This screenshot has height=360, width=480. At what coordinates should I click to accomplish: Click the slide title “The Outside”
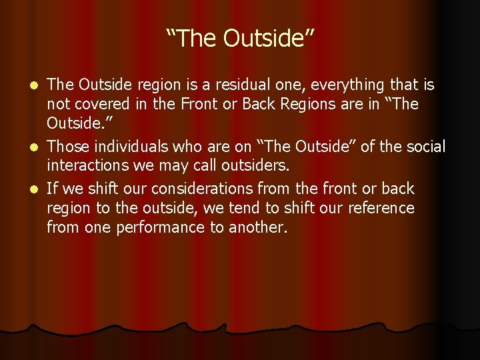pyautogui.click(x=240, y=39)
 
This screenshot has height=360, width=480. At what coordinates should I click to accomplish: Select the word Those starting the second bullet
pyautogui.click(x=67, y=145)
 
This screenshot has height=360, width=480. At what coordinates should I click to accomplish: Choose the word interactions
pyautogui.click(x=89, y=165)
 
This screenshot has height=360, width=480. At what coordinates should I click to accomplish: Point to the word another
pyautogui.click(x=257, y=228)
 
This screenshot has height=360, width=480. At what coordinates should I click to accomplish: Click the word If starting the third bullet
pyautogui.click(x=53, y=189)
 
